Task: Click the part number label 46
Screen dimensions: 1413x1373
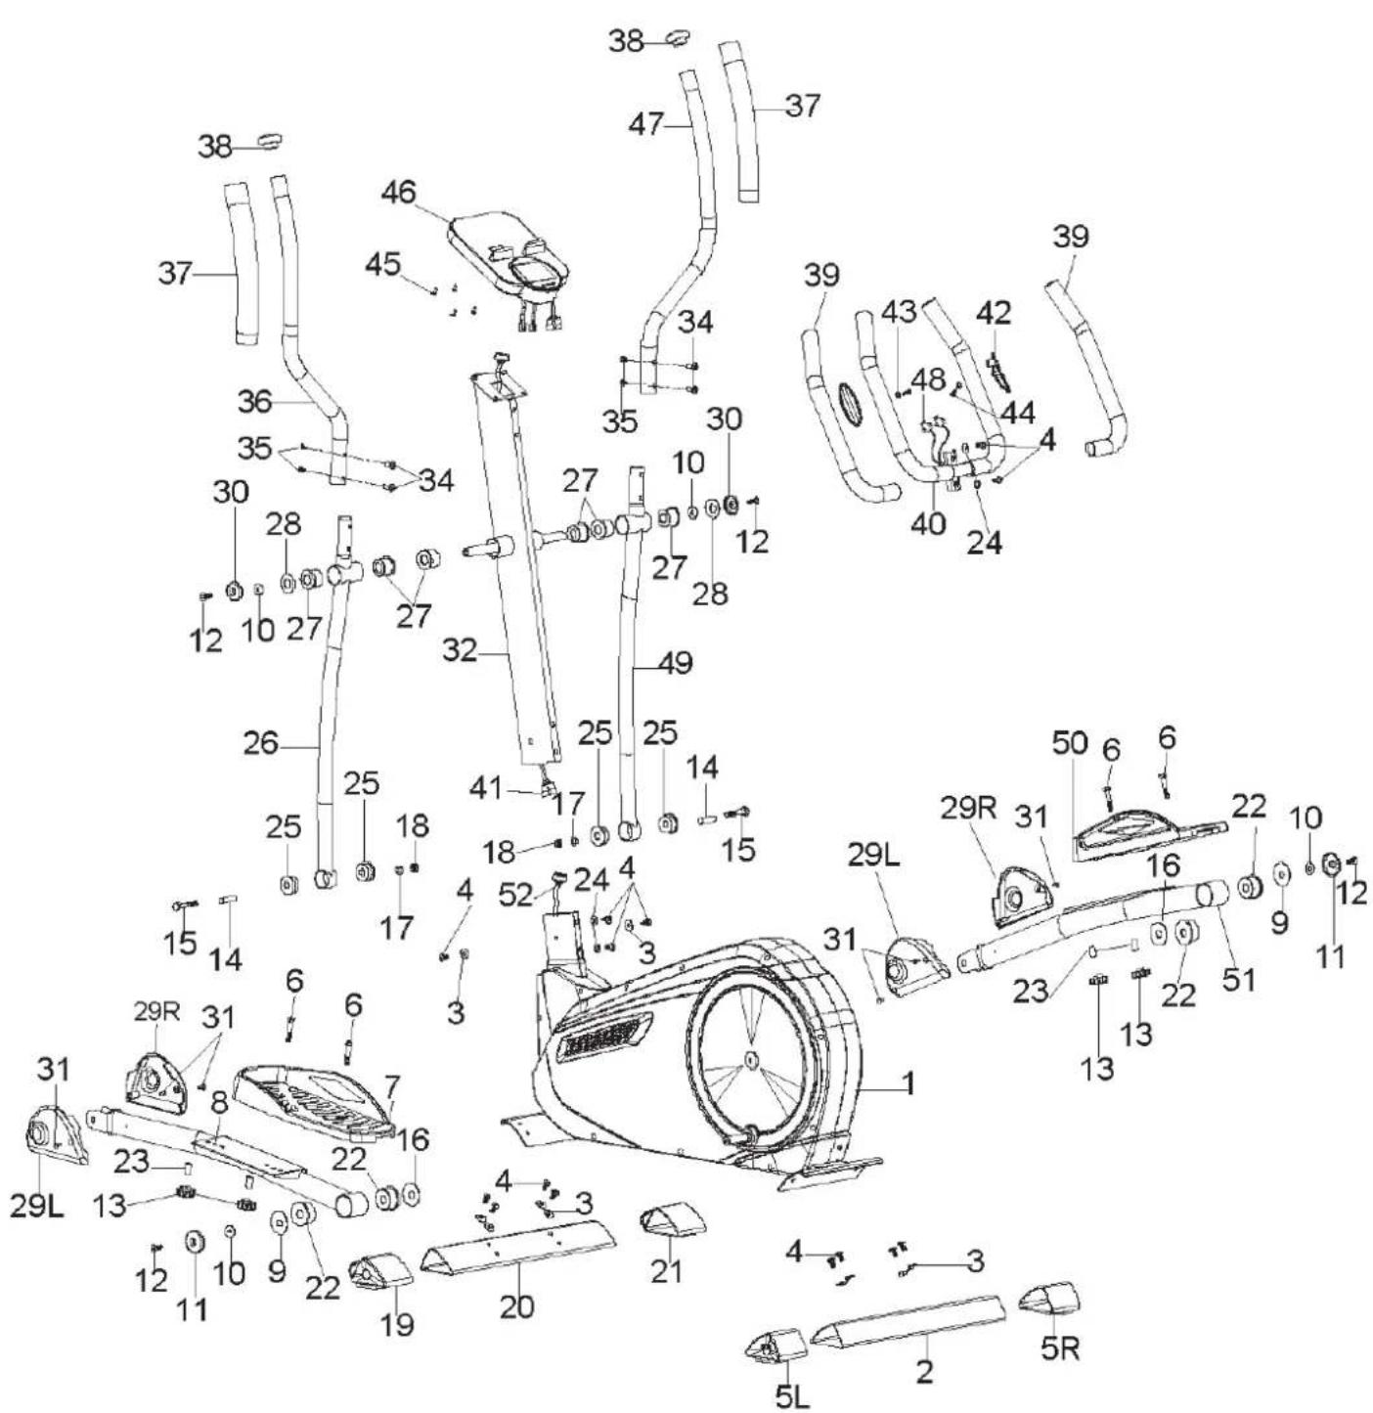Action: coord(398,193)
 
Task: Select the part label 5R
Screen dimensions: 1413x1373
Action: coord(1060,1348)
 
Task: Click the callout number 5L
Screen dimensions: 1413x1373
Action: coord(793,1394)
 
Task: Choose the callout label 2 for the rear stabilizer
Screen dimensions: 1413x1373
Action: coord(923,1371)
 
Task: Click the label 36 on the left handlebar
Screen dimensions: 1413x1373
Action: coord(257,401)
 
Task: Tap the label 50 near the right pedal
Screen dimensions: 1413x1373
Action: coord(1070,742)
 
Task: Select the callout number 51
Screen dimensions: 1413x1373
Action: coord(1239,978)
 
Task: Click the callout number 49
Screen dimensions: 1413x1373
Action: coord(673,663)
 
